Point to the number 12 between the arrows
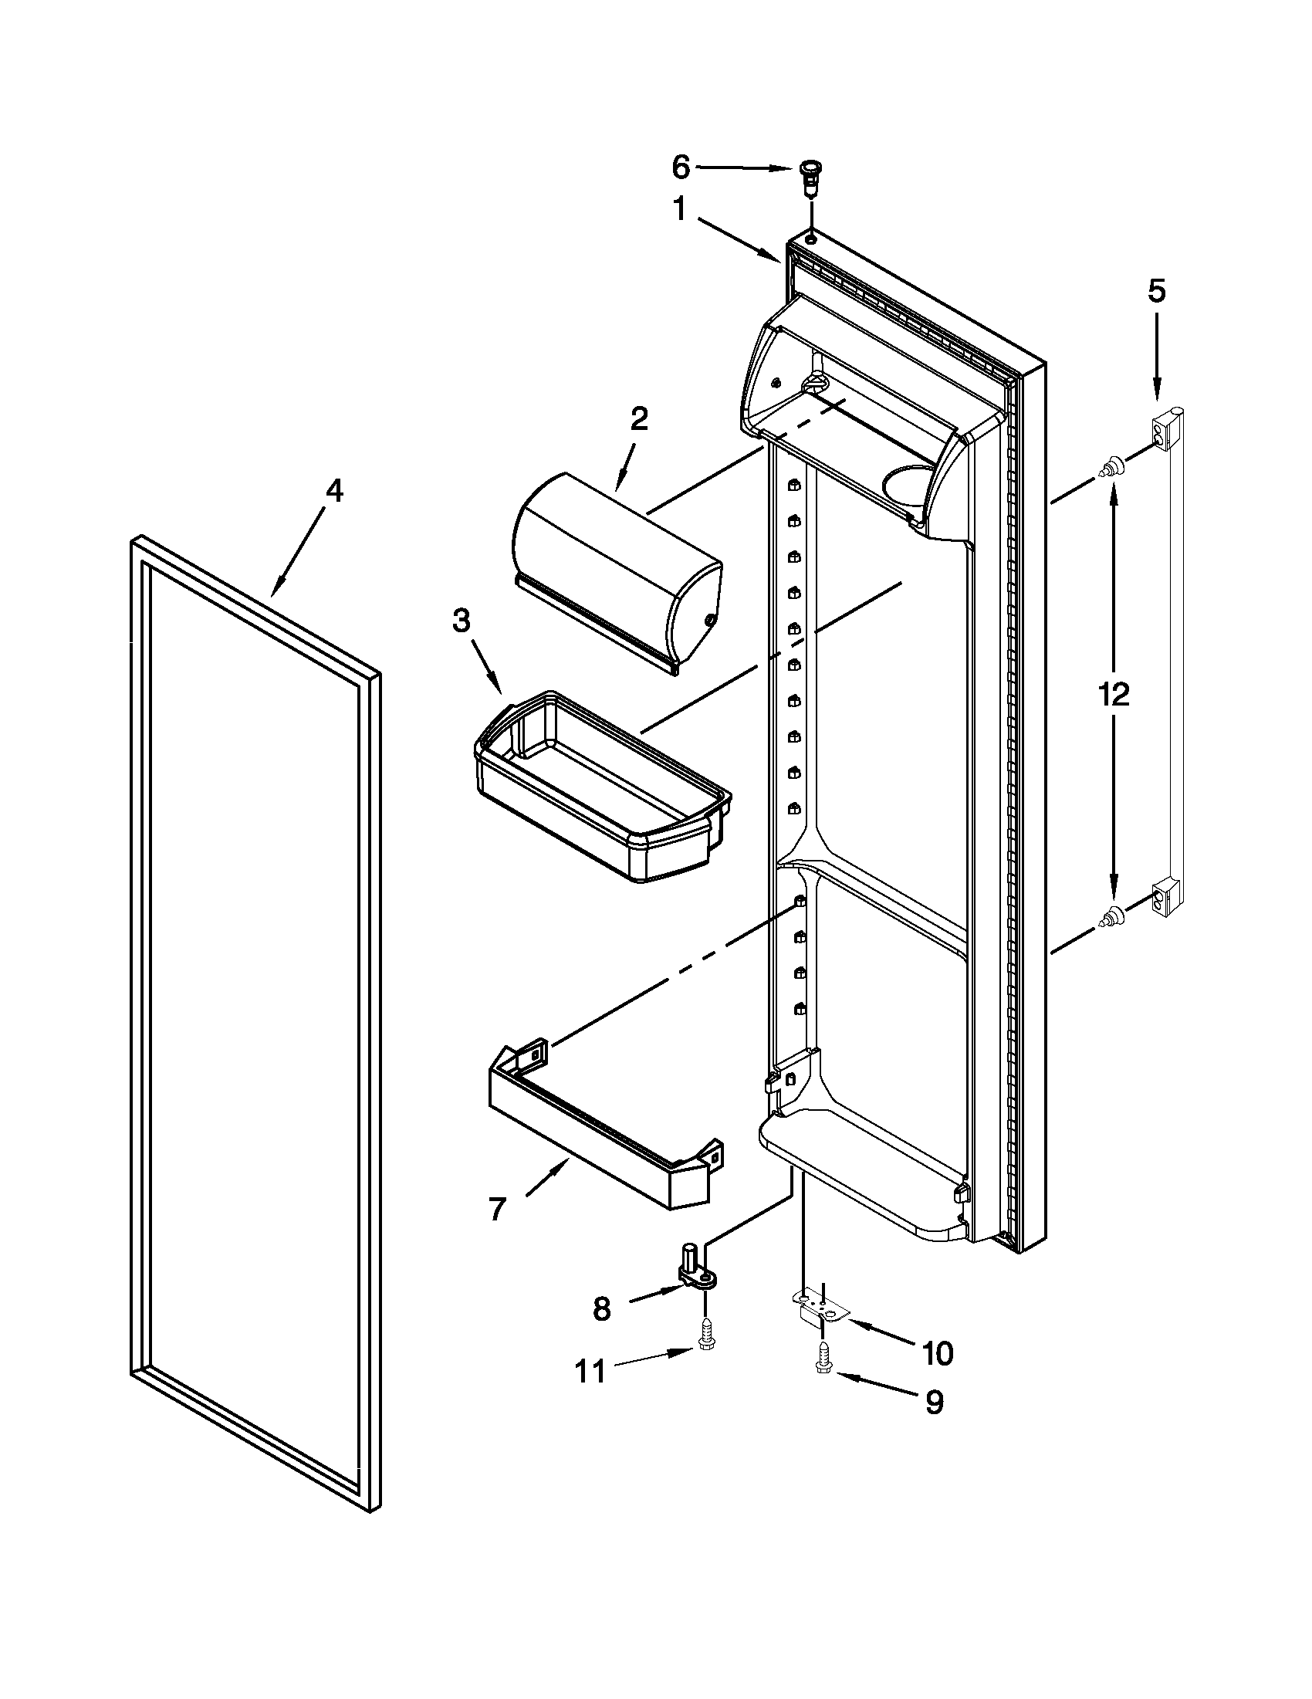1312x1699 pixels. click(1114, 693)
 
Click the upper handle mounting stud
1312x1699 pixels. click(1110, 468)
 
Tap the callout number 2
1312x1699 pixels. click(637, 419)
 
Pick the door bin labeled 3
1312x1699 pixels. click(603, 786)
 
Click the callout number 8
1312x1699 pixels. click(601, 1309)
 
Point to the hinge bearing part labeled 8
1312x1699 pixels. click(696, 1276)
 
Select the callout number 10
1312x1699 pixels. click(937, 1354)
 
